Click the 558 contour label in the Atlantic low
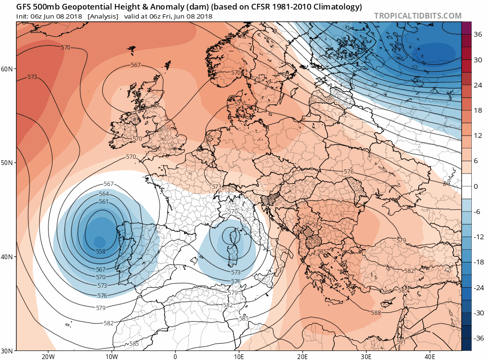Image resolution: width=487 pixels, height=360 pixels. pos(101,251)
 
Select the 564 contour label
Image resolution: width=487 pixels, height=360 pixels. pos(104,194)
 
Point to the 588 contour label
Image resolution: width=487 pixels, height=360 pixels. pos(376,312)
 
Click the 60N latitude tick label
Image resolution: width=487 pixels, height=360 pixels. pos(8,69)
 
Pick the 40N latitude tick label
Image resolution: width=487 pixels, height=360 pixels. pos(8,257)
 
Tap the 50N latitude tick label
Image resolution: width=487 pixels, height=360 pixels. pos(8,163)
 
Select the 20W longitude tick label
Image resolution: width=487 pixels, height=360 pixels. pos(48,356)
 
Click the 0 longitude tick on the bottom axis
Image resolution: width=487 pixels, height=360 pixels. pos(175,356)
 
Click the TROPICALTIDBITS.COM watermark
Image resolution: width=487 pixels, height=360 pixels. pos(418,16)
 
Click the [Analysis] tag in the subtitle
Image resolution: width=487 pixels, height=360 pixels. pos(103,16)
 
